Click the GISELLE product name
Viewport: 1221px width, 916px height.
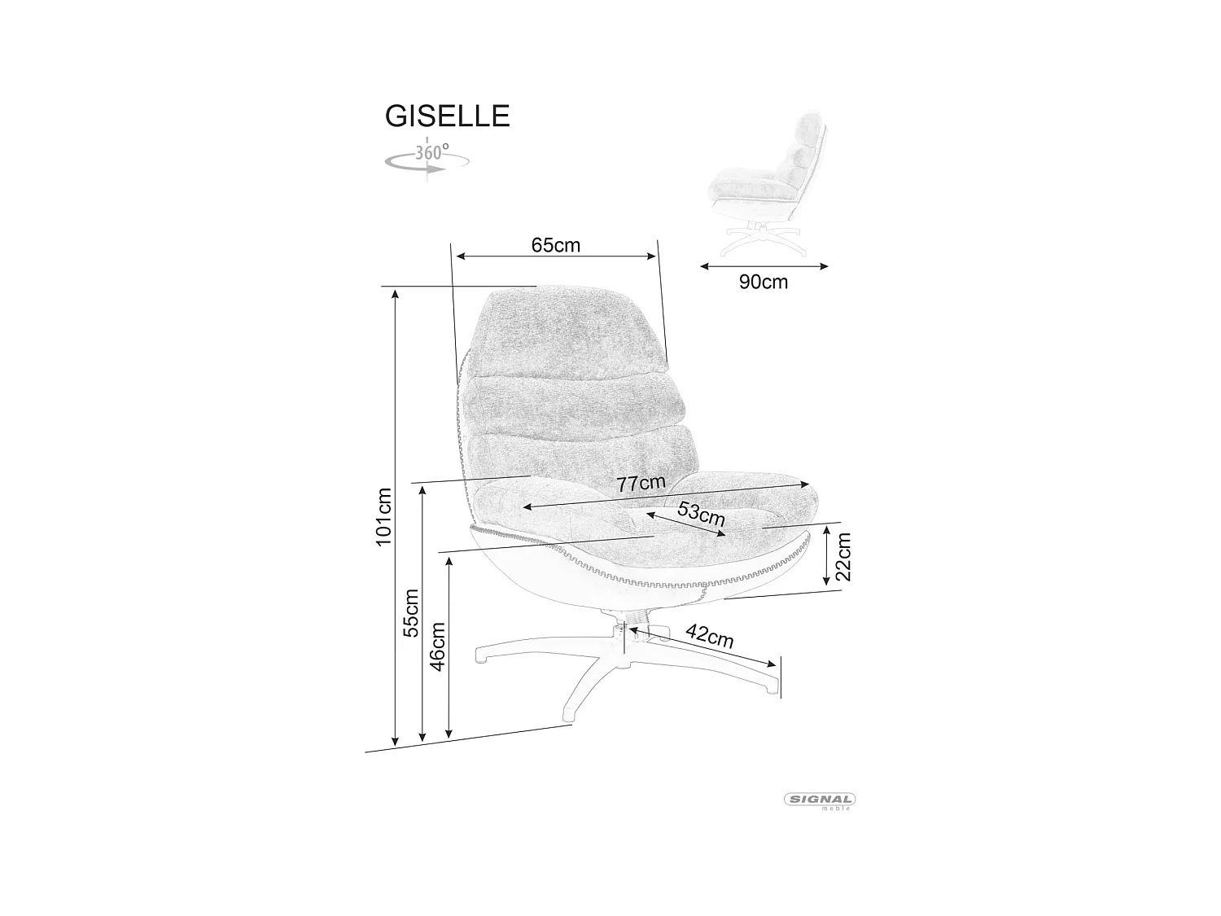click(x=447, y=116)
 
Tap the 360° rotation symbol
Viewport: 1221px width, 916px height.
click(x=427, y=158)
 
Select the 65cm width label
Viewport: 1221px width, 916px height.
click(x=556, y=244)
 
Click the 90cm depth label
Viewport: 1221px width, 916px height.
click(x=764, y=282)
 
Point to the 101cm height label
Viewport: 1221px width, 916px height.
click(x=384, y=516)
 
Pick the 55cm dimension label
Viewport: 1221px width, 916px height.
click(x=411, y=612)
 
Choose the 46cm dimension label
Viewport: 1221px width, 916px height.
click(x=438, y=646)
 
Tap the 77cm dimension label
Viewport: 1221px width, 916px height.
click(x=641, y=484)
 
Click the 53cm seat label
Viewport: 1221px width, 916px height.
click(x=701, y=515)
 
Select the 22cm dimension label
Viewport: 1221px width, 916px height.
click(x=843, y=556)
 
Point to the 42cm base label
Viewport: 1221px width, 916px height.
click(x=709, y=636)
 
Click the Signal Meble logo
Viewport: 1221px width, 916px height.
click(x=820, y=801)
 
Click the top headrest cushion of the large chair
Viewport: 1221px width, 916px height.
click(x=571, y=332)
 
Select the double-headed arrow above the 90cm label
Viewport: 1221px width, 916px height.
click(x=764, y=265)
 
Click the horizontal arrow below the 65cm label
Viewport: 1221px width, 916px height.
click(x=556, y=256)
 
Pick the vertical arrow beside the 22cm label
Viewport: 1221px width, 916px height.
click(x=826, y=556)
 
